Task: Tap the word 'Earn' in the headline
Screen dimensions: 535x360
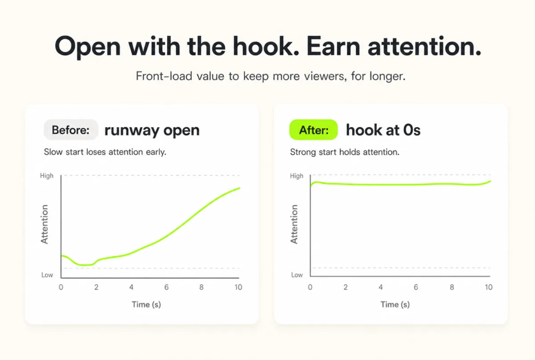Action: tap(333, 46)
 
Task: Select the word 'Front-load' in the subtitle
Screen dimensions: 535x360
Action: tap(164, 76)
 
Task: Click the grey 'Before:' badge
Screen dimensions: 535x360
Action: tap(71, 130)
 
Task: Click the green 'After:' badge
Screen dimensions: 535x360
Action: tap(313, 130)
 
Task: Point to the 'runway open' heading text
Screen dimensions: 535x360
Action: tap(152, 131)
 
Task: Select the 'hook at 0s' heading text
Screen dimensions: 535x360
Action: tap(383, 130)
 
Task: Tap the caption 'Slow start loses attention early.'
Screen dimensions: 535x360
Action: tap(105, 152)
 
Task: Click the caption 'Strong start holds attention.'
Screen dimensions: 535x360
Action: tap(345, 152)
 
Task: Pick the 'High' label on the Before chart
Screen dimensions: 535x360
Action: tap(47, 176)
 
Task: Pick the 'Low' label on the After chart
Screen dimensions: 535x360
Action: tap(297, 275)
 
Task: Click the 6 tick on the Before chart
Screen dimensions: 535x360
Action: tap(166, 287)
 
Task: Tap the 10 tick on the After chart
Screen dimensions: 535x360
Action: tap(489, 287)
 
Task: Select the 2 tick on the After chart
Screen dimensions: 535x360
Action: tap(346, 287)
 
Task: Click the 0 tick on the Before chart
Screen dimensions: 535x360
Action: tap(61, 287)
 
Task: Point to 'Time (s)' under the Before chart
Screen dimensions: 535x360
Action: tap(146, 305)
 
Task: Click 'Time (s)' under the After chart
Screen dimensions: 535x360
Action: tap(395, 305)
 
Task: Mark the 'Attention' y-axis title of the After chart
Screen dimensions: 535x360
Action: tap(294, 224)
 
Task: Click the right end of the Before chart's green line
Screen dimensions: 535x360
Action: tap(239, 188)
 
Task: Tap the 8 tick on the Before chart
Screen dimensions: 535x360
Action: tap(202, 287)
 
